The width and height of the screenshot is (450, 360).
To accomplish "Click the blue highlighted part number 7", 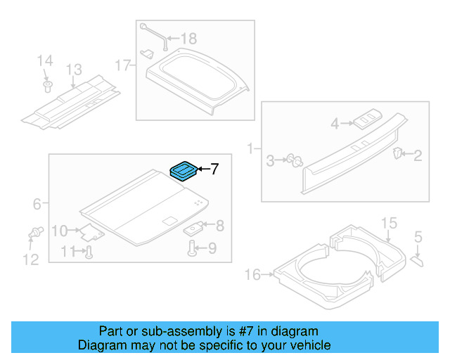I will click(185, 169).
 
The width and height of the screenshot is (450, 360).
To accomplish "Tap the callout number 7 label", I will click(215, 169).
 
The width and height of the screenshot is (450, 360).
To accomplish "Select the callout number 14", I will click(44, 62).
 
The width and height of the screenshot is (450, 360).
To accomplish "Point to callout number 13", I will click(75, 70).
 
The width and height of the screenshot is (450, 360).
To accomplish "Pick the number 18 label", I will click(190, 39).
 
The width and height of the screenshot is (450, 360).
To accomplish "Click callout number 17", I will click(123, 66).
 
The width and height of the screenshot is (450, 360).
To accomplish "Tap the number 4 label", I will click(335, 124).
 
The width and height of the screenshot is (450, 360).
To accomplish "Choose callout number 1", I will click(251, 149).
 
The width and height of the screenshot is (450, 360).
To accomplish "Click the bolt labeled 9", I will click(192, 247).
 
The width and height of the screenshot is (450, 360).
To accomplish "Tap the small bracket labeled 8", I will click(195, 227).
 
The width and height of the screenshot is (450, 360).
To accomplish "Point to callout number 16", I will click(251, 273).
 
